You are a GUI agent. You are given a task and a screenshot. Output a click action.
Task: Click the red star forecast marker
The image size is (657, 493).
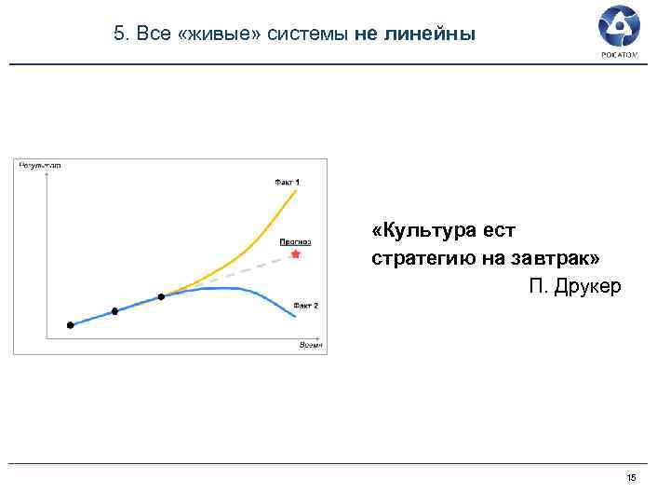point(296,253)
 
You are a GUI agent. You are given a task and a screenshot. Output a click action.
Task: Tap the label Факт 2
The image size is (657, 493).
point(305,305)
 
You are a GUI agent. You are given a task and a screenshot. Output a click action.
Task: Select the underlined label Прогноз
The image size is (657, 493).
point(295,241)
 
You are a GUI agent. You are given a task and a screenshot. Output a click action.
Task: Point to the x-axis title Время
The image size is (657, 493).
point(310,345)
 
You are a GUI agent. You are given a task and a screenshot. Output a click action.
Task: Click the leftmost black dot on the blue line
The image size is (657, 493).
point(70,325)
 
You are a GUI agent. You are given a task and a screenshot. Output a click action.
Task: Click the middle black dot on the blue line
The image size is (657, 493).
point(115,311)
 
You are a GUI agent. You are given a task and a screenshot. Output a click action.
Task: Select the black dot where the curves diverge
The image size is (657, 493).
point(161,296)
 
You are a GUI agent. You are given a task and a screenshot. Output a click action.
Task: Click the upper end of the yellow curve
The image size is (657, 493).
point(295,191)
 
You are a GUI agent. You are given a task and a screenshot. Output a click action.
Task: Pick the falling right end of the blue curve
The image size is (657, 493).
point(293,316)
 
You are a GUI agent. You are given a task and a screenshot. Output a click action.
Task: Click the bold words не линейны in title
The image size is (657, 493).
point(414,34)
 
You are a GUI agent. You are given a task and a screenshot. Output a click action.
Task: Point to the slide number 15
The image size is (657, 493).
point(632,478)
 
